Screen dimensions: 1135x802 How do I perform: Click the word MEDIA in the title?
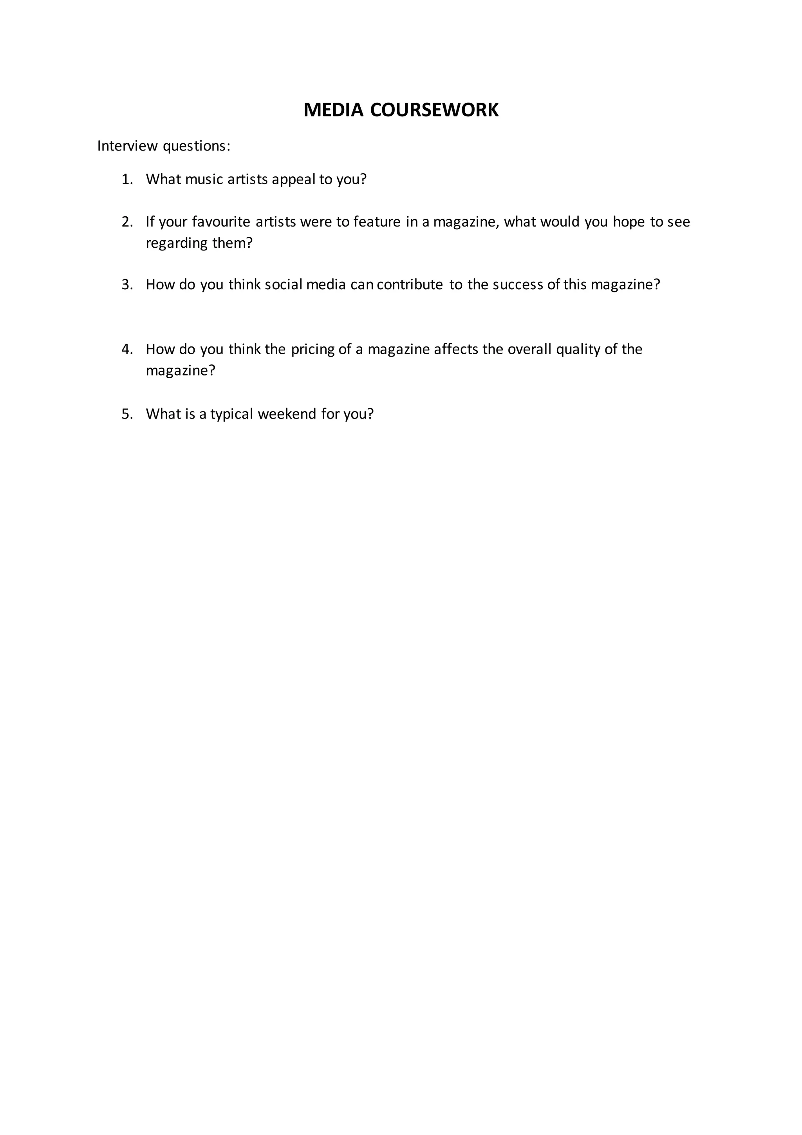pos(333,110)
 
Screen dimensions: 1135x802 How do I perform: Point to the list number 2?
pos(127,222)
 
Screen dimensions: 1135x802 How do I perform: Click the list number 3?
pos(127,285)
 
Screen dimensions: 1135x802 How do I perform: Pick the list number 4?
pos(127,350)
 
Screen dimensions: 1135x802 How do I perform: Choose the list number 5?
pos(127,414)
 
